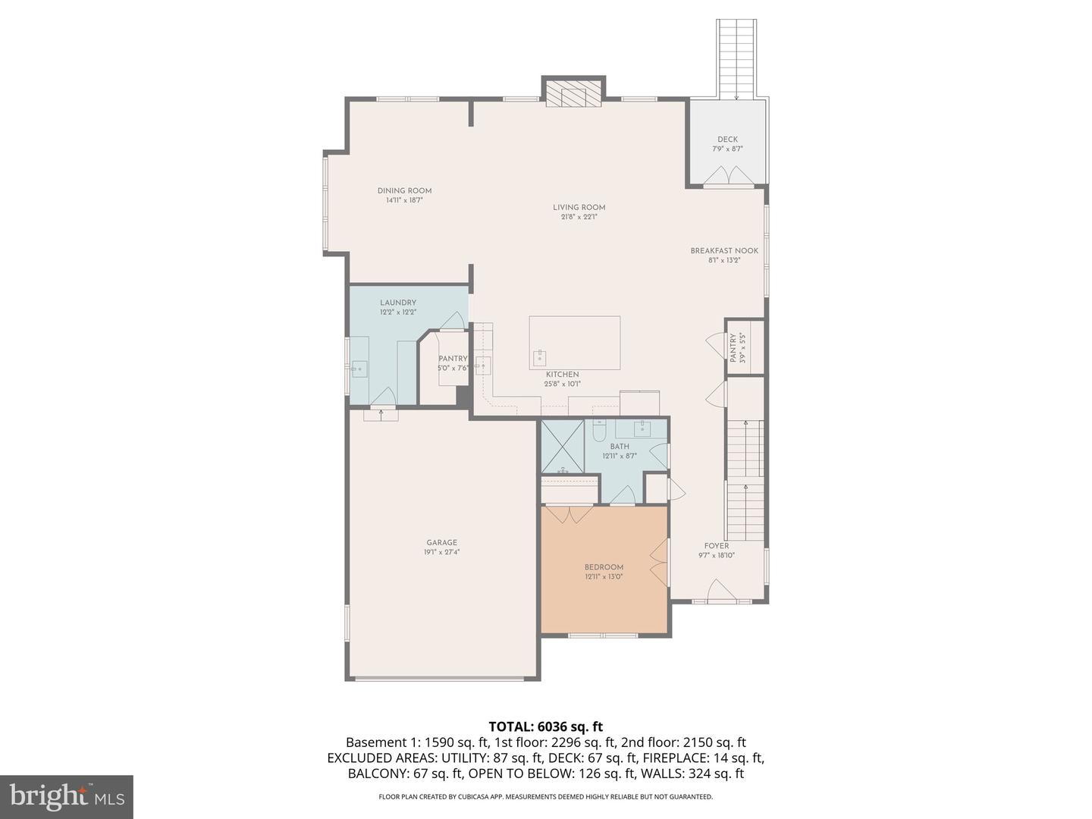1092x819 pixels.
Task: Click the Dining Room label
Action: (x=404, y=191)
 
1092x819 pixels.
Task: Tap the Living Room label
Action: (x=579, y=207)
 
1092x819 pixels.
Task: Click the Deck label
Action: (x=727, y=140)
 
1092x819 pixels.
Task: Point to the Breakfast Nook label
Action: (x=724, y=251)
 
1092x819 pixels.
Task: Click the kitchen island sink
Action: (x=540, y=356)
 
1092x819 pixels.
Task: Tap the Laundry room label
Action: (x=398, y=303)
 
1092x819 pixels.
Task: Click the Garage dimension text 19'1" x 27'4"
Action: (x=441, y=553)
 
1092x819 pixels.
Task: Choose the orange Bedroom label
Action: (x=604, y=567)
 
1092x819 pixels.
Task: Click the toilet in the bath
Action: (x=599, y=431)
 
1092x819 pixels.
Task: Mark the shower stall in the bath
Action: (x=562, y=446)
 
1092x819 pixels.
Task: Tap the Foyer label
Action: (x=716, y=546)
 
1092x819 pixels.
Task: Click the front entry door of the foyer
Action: (x=720, y=591)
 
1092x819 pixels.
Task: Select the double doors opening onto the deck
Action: (x=728, y=177)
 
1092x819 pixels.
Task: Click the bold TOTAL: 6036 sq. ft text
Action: (x=545, y=727)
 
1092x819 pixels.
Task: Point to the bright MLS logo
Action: (x=67, y=796)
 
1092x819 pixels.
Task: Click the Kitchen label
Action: (x=562, y=375)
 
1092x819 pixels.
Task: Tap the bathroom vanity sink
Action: (x=642, y=428)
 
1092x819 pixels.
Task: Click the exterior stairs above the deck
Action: (x=736, y=57)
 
